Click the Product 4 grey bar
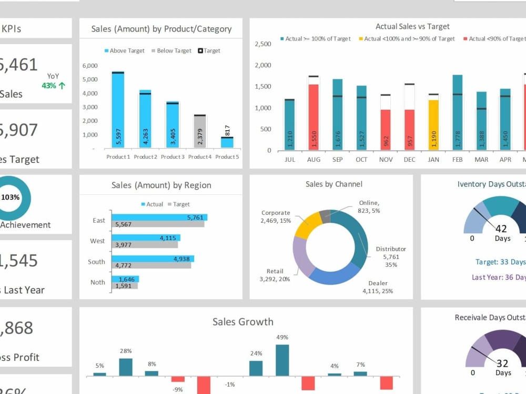coord(199,132)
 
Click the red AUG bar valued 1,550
coord(313,117)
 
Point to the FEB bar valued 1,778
coord(458,112)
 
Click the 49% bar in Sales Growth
coord(282,360)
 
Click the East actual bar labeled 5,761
coord(159,217)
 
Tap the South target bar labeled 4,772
coord(151,265)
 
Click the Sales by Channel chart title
coord(333,184)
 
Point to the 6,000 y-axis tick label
coord(90,66)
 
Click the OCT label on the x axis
coord(361,160)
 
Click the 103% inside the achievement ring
coord(11,198)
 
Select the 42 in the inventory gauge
coord(501,229)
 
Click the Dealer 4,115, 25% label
coord(377,287)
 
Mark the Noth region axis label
coord(97,282)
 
